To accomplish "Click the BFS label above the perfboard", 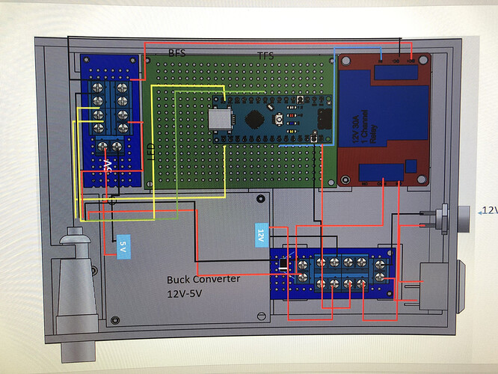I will click(177, 54).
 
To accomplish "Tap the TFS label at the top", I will click(265, 56).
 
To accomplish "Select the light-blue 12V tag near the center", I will click(261, 234).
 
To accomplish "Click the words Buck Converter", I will click(203, 279).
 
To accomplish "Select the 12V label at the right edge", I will click(489, 212).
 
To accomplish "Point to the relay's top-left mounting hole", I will click(346, 60).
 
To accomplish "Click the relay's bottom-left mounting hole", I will click(346, 178).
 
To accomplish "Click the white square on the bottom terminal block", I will click(282, 266).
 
